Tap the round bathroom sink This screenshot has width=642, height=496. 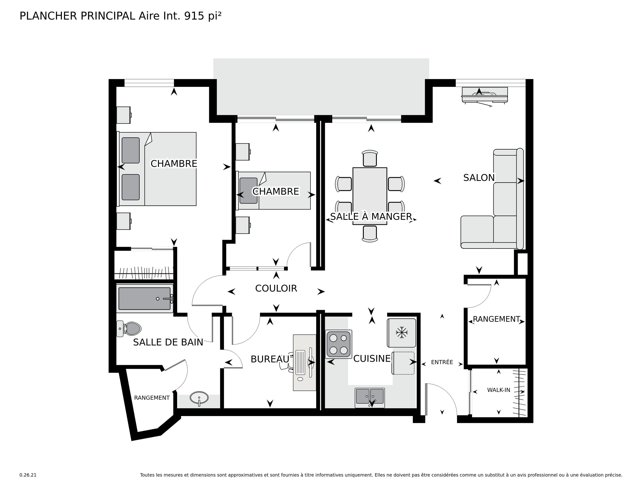click(x=199, y=398)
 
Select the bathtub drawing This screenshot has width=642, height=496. click(x=144, y=299)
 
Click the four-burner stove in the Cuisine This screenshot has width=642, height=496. click(x=338, y=344)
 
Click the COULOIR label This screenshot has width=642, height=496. click(x=276, y=288)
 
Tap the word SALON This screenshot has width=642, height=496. click(x=479, y=178)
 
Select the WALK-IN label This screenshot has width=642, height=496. click(x=499, y=390)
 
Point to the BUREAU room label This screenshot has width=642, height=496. click(x=270, y=359)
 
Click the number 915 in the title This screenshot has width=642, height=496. click(x=194, y=16)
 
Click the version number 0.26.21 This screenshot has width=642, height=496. click(x=28, y=475)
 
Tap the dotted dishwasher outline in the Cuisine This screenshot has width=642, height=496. click(x=403, y=363)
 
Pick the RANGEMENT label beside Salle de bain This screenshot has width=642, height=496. click(x=152, y=398)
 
